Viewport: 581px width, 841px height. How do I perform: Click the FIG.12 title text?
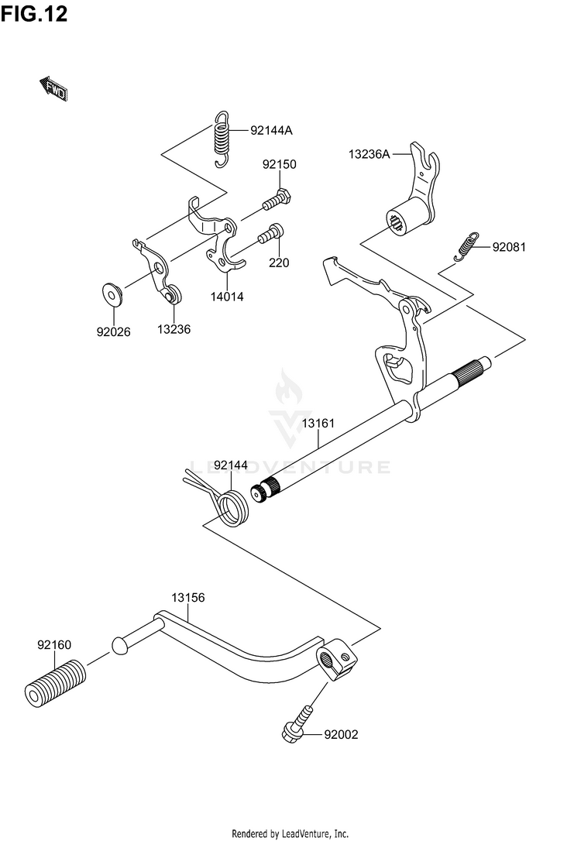click(x=34, y=14)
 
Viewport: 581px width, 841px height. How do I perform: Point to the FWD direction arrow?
click(x=53, y=89)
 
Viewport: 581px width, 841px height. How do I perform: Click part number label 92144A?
click(x=271, y=130)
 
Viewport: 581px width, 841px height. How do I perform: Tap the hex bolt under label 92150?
click(x=277, y=200)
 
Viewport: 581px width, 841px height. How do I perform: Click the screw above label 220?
click(x=271, y=233)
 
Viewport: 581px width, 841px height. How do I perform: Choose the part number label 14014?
click(x=227, y=297)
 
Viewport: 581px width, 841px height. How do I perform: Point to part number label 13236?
click(x=174, y=329)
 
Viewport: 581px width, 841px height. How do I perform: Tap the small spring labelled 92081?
click(x=466, y=246)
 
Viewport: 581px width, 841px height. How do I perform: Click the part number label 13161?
click(x=318, y=423)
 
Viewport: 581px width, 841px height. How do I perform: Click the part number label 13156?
click(x=188, y=598)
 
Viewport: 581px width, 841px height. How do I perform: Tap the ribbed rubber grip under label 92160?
click(x=55, y=683)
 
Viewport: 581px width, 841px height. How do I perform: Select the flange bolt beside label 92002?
click(x=297, y=725)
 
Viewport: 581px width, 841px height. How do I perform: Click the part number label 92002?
click(x=341, y=734)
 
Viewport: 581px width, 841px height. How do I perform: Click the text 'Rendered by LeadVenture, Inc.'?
click(x=290, y=833)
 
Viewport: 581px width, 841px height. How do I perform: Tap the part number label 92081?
click(x=509, y=247)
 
